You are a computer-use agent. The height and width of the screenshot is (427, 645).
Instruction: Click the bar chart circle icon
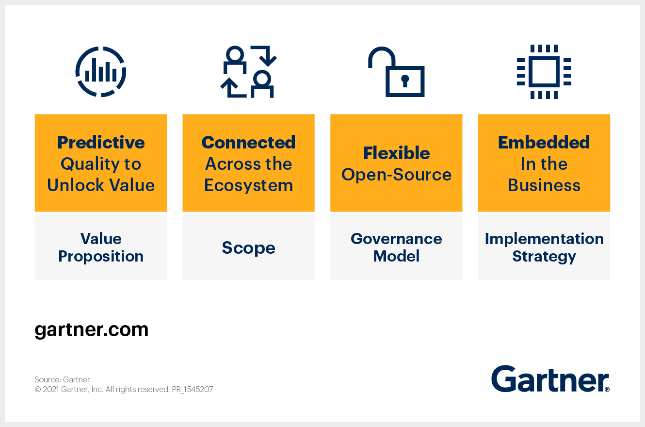tap(101, 72)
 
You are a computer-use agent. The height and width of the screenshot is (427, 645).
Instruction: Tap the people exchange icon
tap(248, 72)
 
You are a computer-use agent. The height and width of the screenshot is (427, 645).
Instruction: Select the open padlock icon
tap(396, 72)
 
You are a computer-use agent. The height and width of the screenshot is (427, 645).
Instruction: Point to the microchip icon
tap(544, 72)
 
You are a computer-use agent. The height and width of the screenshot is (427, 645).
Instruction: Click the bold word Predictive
tap(101, 142)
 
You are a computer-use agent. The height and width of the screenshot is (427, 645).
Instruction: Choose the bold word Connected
tap(248, 142)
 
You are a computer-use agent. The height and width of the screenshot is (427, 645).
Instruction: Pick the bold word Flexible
tap(396, 153)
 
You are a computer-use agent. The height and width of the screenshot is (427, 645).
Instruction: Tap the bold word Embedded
tap(544, 142)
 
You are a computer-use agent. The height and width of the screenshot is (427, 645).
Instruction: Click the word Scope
tap(248, 248)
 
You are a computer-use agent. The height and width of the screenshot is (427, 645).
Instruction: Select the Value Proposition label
tap(101, 247)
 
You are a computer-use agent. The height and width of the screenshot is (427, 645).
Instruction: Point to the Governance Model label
tap(396, 247)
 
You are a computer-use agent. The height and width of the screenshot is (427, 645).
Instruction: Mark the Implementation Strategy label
tap(544, 247)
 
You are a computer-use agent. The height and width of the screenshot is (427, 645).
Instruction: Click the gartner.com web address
tap(91, 330)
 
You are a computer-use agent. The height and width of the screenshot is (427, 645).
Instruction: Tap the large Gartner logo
tap(550, 379)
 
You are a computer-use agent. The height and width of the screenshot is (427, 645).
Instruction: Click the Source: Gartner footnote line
tap(62, 379)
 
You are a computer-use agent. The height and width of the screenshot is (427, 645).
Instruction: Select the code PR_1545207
tap(192, 389)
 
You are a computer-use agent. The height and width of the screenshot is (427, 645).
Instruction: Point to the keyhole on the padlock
tap(405, 81)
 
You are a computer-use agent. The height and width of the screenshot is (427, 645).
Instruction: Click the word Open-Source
tap(396, 175)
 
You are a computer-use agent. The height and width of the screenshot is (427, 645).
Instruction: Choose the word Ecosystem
tap(248, 185)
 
